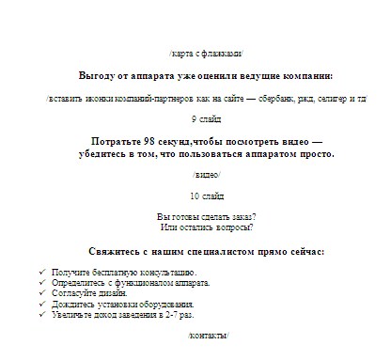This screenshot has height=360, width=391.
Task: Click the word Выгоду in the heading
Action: (x=98, y=75)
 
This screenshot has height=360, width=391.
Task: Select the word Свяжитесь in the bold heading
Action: (x=114, y=252)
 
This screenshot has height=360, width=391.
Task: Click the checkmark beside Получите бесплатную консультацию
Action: (x=44, y=272)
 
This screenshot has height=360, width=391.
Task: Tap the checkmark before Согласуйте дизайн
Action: (x=44, y=293)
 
